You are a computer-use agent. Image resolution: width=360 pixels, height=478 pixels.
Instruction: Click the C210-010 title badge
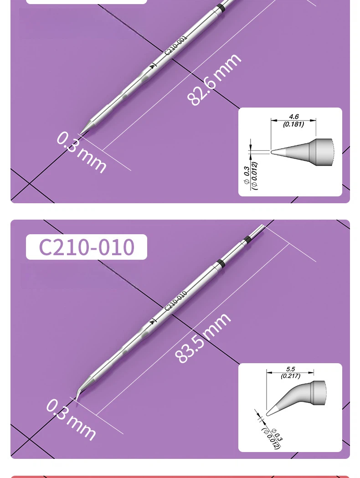tap(86, 247)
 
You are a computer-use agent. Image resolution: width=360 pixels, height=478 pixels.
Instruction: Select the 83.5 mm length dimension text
tap(203, 338)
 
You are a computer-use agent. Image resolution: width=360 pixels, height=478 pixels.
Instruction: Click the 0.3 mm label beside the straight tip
tap(82, 152)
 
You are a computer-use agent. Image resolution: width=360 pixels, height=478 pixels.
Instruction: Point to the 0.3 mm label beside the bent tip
tap(71, 420)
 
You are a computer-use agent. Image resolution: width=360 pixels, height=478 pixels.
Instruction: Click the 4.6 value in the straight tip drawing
tap(293, 117)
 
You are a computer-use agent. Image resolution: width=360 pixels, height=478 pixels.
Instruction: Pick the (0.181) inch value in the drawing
tap(293, 124)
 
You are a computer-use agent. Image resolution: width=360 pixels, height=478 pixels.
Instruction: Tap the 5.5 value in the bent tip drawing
tap(290, 369)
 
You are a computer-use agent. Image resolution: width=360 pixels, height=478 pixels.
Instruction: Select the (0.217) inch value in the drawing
tap(290, 376)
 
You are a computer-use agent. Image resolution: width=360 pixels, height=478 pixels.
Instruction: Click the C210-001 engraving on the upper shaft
tap(176, 46)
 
